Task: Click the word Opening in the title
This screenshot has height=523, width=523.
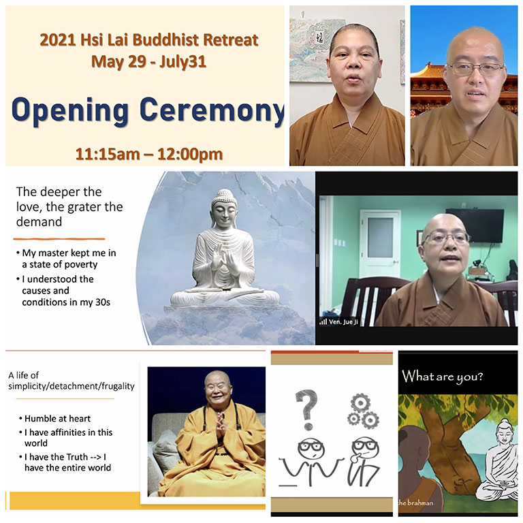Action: (x=70, y=111)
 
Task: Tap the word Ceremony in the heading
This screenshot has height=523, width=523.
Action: (x=212, y=111)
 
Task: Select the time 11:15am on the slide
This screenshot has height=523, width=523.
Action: (x=108, y=154)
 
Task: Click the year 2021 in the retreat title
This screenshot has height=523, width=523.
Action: (x=57, y=40)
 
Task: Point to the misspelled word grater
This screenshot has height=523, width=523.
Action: (x=84, y=207)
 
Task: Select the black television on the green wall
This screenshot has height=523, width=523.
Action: (x=474, y=225)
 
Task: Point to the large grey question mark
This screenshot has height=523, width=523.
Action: (x=306, y=409)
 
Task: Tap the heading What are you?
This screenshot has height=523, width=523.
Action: (x=442, y=376)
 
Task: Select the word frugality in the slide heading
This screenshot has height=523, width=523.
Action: (x=118, y=386)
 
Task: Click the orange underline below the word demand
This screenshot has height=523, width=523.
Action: (x=59, y=239)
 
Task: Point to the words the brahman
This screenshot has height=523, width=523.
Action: (x=415, y=503)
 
